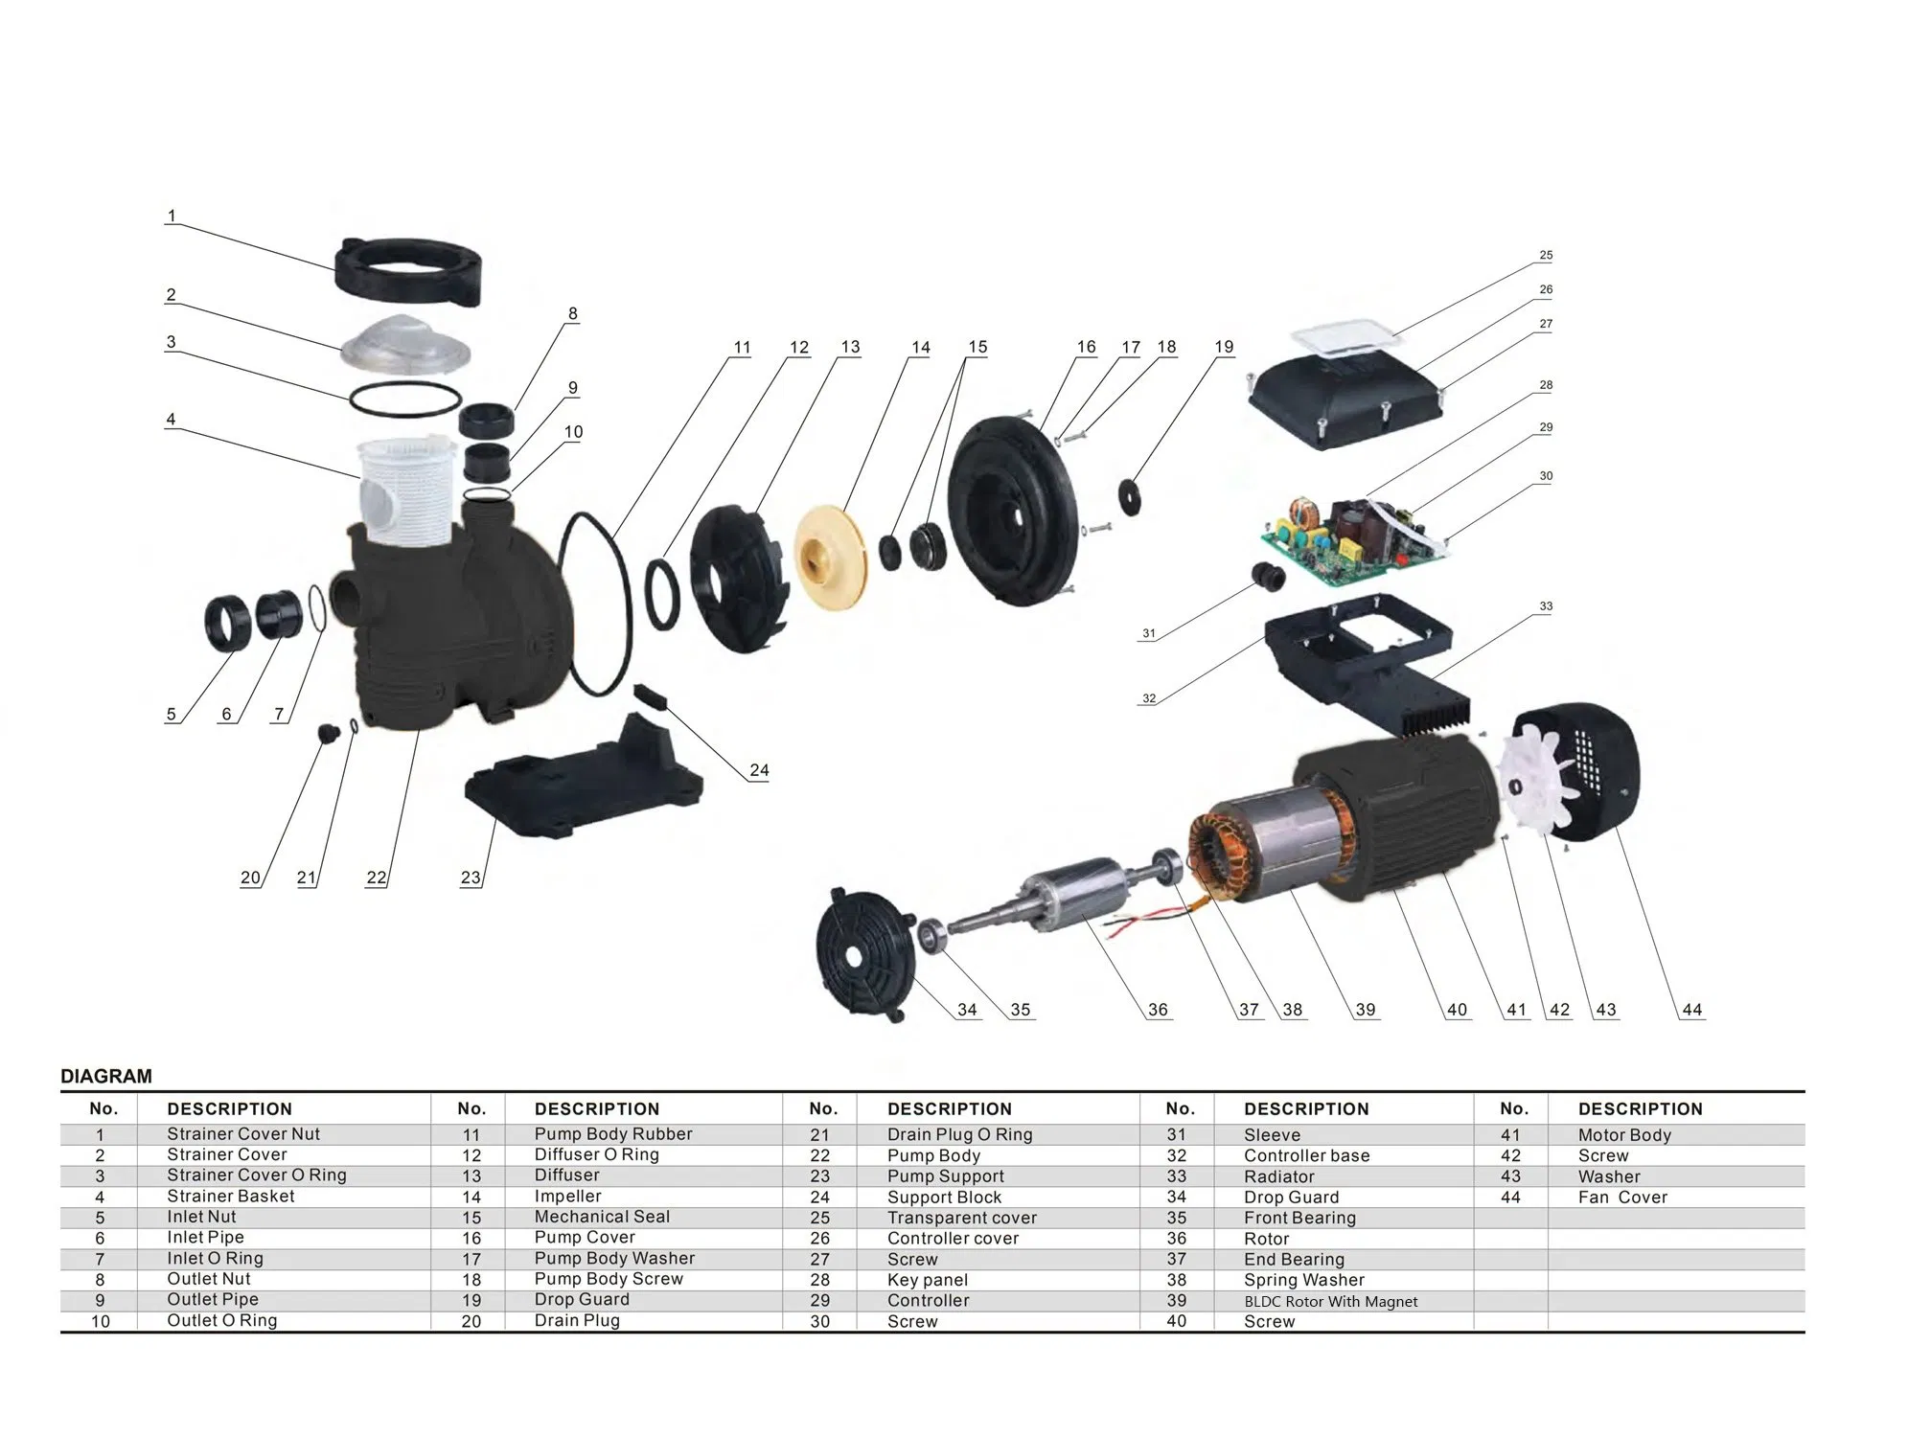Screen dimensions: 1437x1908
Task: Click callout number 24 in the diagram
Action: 759,770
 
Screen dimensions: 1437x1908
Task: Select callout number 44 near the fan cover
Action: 1691,1010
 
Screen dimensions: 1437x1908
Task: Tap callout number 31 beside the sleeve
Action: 1148,633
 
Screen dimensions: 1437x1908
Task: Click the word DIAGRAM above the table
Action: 106,1076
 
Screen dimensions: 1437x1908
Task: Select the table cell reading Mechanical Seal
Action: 602,1217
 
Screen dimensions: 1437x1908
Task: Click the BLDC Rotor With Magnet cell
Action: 1330,1301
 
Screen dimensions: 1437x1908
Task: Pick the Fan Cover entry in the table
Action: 1622,1197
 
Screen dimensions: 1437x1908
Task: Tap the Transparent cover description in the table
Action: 961,1218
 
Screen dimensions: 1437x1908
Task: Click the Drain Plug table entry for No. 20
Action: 577,1320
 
